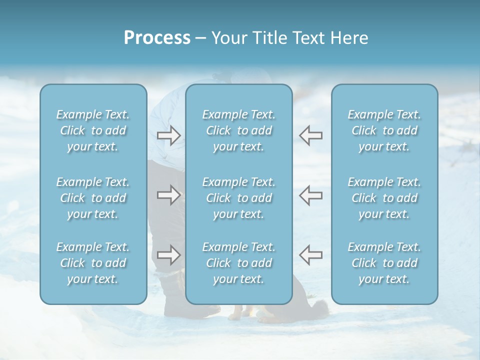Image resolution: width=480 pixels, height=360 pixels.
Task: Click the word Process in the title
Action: click(157, 38)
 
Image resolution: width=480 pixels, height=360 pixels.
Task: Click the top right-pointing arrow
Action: click(168, 135)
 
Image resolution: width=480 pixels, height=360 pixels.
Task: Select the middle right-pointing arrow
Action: click(168, 195)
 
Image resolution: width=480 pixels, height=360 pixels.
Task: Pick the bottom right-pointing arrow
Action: click(168, 255)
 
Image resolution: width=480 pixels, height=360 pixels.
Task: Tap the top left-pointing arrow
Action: click(310, 135)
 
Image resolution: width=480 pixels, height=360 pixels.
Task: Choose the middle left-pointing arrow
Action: click(310, 195)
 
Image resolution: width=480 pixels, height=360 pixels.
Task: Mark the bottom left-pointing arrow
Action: click(310, 255)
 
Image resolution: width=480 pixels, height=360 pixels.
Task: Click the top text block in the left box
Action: click(93, 130)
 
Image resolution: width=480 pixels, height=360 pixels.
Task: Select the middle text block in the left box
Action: click(93, 198)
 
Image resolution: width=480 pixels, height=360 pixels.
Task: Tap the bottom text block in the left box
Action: click(93, 263)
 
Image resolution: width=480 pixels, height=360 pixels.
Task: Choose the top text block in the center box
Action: click(239, 130)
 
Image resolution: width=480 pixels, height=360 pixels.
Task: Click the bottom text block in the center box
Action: click(239, 263)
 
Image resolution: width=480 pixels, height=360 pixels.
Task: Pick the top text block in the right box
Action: click(384, 130)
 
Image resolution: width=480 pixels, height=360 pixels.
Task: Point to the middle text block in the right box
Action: click(384, 198)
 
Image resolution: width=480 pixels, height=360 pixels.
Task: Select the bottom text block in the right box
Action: click(384, 263)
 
